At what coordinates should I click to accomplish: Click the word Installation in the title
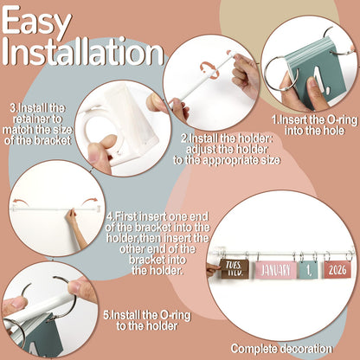[83, 51]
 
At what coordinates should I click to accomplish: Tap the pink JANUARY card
[275, 270]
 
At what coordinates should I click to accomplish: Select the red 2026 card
[337, 270]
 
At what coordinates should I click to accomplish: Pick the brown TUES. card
[234, 268]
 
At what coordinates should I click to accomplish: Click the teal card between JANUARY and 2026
[308, 270]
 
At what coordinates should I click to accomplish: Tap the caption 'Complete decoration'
[281, 349]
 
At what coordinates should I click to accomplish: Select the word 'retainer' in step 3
[37, 119]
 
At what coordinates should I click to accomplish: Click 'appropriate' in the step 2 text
[233, 160]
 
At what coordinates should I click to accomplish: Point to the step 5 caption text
[147, 320]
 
